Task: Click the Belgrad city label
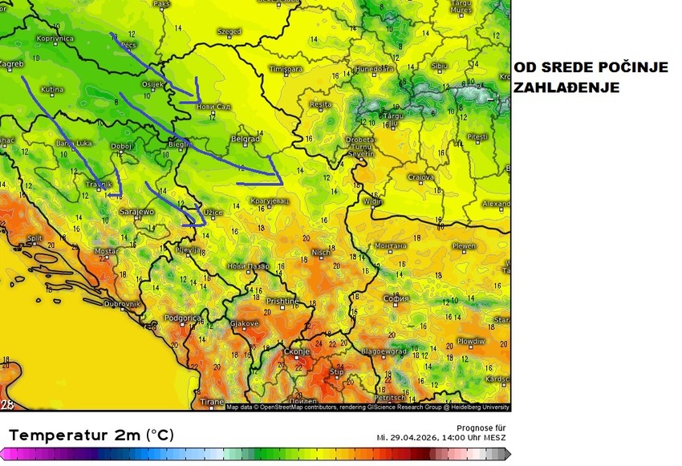click(x=245, y=139)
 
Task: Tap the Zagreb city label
click(x=11, y=63)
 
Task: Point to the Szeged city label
click(x=229, y=32)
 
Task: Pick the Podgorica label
click(x=181, y=318)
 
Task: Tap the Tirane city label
click(x=212, y=401)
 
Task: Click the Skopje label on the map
click(x=297, y=352)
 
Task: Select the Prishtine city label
click(x=282, y=302)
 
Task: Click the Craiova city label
click(x=420, y=177)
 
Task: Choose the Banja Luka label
click(x=73, y=143)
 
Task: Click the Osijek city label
click(x=152, y=83)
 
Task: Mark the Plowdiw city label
click(x=471, y=341)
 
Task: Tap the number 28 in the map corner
click(x=7, y=405)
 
